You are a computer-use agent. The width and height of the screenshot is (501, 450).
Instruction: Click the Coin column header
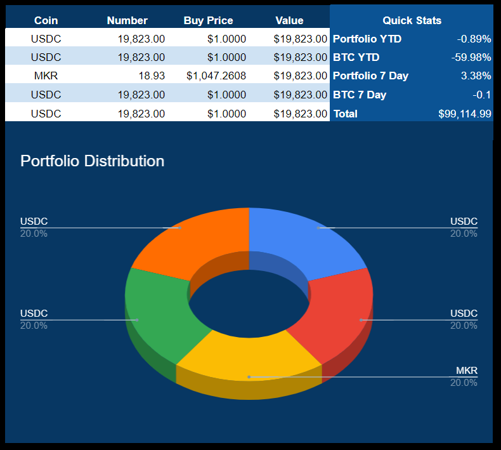[x=46, y=20]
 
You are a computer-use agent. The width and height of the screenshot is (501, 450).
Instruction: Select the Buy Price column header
[x=208, y=20]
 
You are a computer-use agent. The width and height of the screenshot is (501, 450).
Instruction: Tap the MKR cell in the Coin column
[x=46, y=76]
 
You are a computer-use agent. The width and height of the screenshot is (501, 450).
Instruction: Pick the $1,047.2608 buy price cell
[x=216, y=76]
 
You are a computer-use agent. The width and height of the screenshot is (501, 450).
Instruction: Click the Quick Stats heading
[x=412, y=20]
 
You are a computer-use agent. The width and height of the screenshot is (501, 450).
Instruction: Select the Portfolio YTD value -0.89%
[x=474, y=39]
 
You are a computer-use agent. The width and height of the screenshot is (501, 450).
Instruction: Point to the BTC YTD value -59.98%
[x=471, y=57]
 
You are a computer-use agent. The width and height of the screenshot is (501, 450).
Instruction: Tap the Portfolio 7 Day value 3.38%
[x=476, y=76]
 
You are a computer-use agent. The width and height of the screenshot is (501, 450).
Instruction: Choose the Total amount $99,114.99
[x=464, y=114]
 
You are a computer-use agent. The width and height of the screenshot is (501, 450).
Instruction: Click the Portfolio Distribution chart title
[x=92, y=161]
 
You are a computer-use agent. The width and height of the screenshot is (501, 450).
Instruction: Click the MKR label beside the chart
[x=466, y=371]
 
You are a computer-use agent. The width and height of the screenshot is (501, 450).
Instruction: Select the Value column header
[x=289, y=20]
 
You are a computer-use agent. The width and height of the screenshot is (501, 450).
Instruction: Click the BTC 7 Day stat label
[x=360, y=95]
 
